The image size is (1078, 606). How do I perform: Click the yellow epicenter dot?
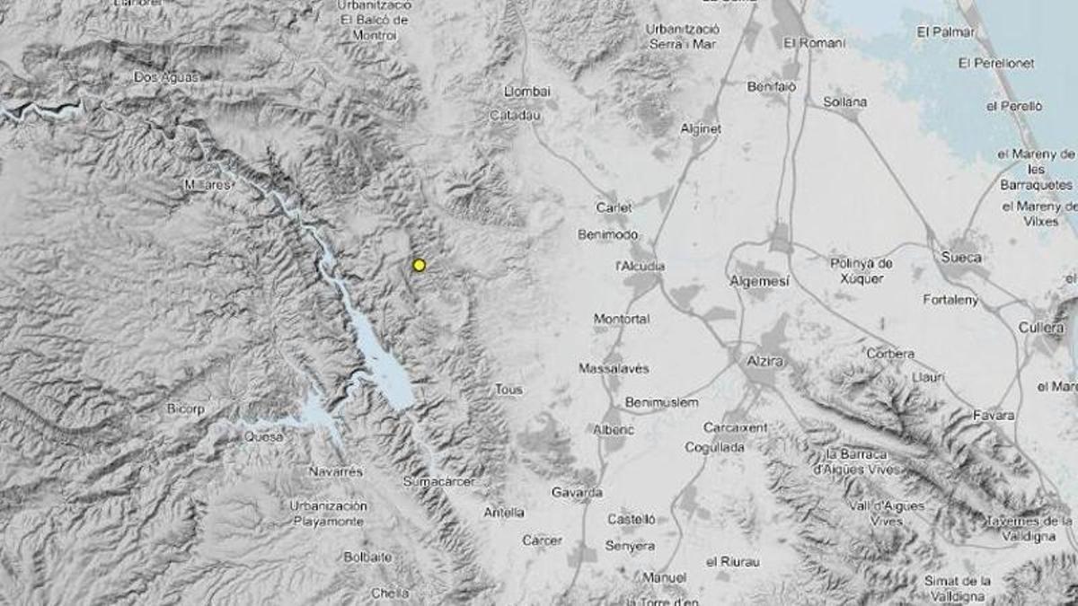(x=419, y=265)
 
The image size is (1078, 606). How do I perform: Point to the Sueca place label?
(x=961, y=258)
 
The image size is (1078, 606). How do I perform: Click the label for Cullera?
(x=1041, y=328)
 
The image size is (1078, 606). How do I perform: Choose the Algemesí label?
(x=760, y=281)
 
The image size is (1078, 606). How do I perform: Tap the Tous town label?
(x=508, y=390)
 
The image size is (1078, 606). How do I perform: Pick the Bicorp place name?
(x=185, y=408)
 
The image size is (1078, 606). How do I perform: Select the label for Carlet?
(x=614, y=207)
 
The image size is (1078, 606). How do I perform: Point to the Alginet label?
(x=701, y=128)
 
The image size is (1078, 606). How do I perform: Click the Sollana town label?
(x=844, y=102)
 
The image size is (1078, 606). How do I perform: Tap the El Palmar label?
(x=945, y=32)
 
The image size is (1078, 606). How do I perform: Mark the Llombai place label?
(x=527, y=92)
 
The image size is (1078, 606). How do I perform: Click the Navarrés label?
(x=335, y=471)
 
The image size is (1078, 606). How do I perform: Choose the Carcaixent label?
(x=735, y=427)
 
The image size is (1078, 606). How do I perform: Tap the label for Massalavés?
(x=614, y=368)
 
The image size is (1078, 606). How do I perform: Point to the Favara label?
(x=994, y=416)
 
